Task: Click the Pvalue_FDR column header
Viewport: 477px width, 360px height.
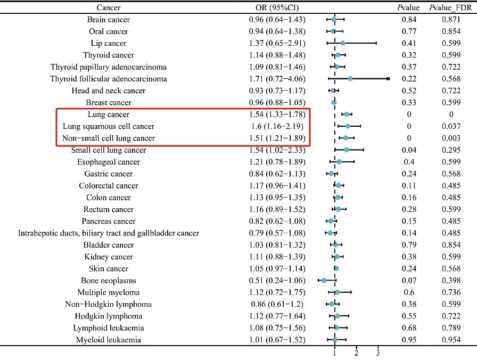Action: pos(451,7)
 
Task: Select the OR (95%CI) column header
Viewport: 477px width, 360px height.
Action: pos(277,7)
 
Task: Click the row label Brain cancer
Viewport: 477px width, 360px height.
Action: pos(108,20)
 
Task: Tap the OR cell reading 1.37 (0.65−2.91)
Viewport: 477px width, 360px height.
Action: pos(277,43)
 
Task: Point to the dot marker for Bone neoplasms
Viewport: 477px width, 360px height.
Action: pos(324,280)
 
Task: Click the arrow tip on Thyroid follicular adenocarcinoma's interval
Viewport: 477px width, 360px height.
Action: pos(389,79)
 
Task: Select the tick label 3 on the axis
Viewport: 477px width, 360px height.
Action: pos(378,353)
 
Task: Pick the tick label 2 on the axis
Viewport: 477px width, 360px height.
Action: pos(356,353)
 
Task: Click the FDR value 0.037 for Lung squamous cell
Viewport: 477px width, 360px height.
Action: pos(451,126)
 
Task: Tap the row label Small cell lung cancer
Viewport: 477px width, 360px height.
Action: pos(108,150)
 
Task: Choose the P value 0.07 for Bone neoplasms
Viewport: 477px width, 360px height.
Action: pos(409,280)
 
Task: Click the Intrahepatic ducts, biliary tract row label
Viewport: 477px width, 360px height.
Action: pos(108,233)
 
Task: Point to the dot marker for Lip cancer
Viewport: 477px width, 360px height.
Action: pos(343,43)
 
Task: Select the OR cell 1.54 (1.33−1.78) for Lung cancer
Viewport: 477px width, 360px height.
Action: pos(277,114)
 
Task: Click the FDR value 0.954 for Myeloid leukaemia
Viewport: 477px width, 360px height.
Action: pos(451,340)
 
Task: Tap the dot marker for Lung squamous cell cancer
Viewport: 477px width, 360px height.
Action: pos(348,126)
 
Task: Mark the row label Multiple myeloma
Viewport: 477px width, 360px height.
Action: pos(108,292)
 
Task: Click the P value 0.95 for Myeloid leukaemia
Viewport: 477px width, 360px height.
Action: pos(409,340)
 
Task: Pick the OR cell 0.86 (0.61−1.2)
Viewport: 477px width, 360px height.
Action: pos(277,304)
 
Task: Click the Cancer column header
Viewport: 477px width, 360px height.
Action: pos(108,7)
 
